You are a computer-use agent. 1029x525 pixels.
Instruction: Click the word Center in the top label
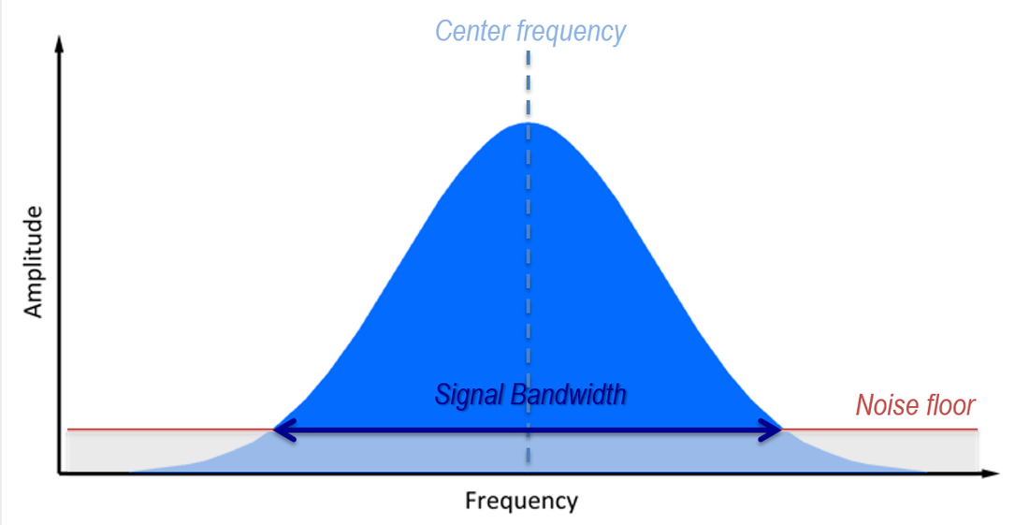pyautogui.click(x=473, y=32)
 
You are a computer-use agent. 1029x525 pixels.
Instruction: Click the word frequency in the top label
pyautogui.click(x=571, y=33)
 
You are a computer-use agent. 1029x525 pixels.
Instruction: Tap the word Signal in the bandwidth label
pyautogui.click(x=468, y=395)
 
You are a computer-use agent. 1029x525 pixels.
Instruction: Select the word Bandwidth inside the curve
pyautogui.click(x=567, y=395)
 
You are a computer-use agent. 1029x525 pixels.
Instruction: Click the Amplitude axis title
pyautogui.click(x=35, y=263)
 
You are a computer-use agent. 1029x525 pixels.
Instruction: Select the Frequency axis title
pyautogui.click(x=521, y=501)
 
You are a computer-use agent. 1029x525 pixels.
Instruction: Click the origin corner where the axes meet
pyautogui.click(x=61, y=474)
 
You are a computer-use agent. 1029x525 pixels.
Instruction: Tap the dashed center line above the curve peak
pyautogui.click(x=529, y=84)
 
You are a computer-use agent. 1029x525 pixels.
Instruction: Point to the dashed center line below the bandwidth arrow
pyautogui.click(x=529, y=454)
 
